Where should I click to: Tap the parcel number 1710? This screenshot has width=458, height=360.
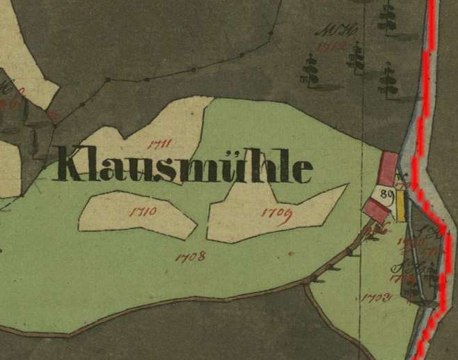(142, 210)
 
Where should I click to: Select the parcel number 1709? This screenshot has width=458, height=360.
(276, 213)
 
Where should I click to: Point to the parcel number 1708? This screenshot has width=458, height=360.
(190, 256)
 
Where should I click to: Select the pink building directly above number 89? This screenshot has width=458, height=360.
(388, 169)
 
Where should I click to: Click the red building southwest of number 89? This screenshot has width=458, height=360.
(376, 209)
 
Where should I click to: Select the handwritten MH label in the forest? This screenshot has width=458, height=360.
(326, 31)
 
